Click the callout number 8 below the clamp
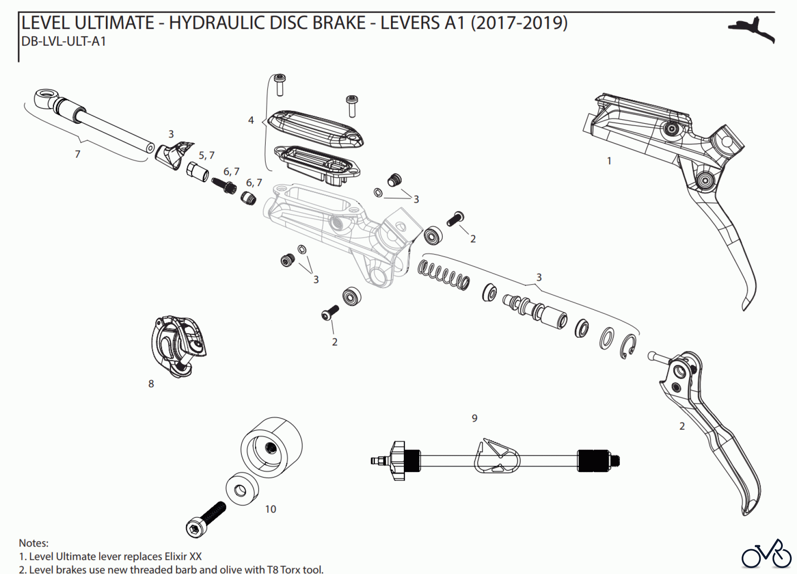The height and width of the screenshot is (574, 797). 151,384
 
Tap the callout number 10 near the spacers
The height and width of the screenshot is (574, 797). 271,509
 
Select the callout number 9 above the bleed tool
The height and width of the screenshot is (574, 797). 475,418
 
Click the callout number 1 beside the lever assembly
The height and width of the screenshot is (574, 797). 609,161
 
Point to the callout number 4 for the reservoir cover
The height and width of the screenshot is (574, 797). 251,120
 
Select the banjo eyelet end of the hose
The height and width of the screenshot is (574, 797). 45,97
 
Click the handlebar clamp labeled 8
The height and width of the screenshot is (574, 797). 177,346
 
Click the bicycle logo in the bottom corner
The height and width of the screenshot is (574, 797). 766,554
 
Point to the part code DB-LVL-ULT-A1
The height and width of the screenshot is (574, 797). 64,42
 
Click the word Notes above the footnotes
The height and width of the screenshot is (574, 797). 34,543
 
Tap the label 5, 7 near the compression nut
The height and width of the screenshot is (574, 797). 206,156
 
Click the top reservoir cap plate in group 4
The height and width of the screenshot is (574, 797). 315,128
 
